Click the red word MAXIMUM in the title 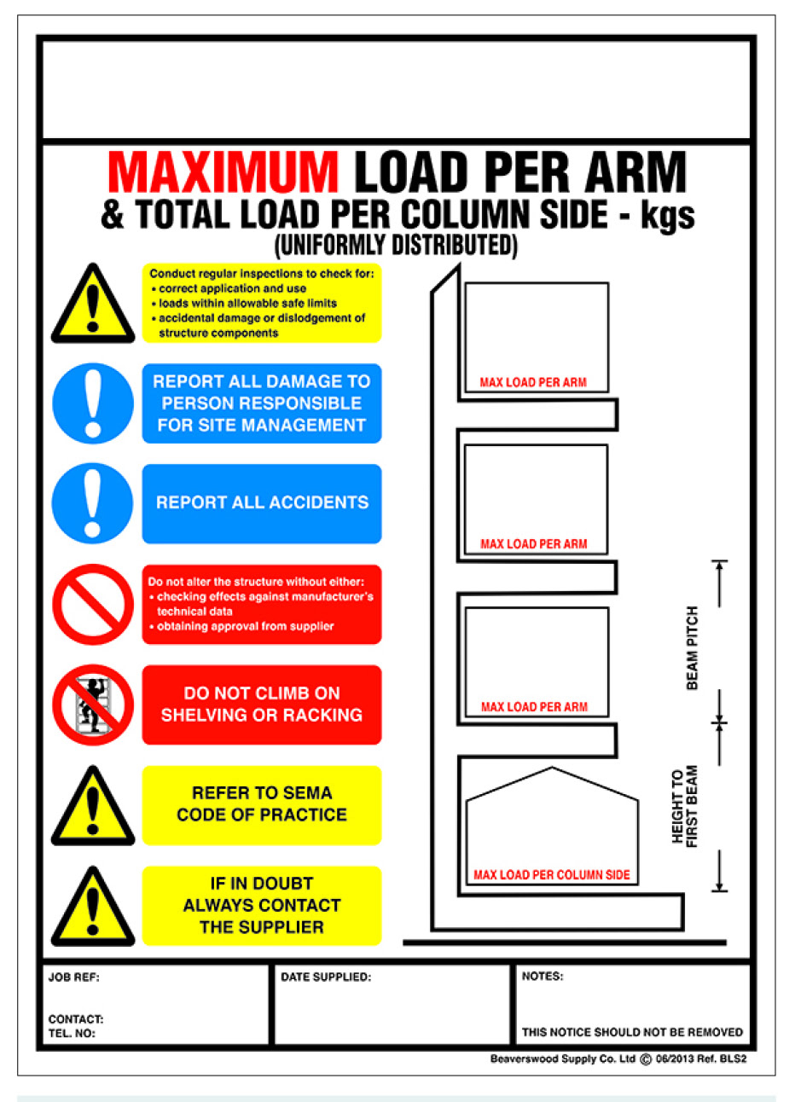point(223,172)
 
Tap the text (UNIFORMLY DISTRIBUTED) point(396,246)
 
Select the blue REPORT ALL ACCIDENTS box point(261,503)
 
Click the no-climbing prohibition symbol point(92,705)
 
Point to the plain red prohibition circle point(92,604)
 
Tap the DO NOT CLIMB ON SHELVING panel point(261,705)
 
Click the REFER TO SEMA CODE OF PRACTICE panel point(261,804)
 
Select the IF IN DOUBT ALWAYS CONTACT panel point(261,905)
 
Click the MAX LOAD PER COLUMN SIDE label point(552,875)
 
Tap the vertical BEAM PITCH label point(692,647)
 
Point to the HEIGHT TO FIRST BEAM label point(684,806)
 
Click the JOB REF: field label point(74,977)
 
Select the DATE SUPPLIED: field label point(326,977)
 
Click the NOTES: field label point(543,977)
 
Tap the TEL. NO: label point(72,1034)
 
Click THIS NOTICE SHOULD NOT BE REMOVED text point(632,1032)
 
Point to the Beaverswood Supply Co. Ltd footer point(563,1059)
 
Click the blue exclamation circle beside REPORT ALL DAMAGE point(92,403)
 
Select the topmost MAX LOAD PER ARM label point(533,383)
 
